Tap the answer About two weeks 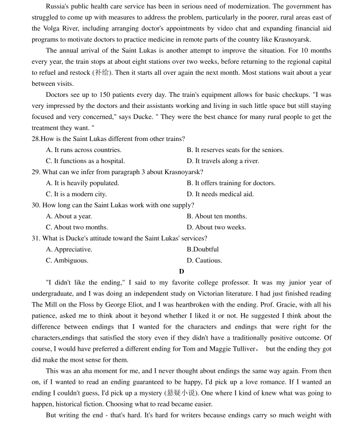click(216, 227)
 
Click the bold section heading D click(181, 271)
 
